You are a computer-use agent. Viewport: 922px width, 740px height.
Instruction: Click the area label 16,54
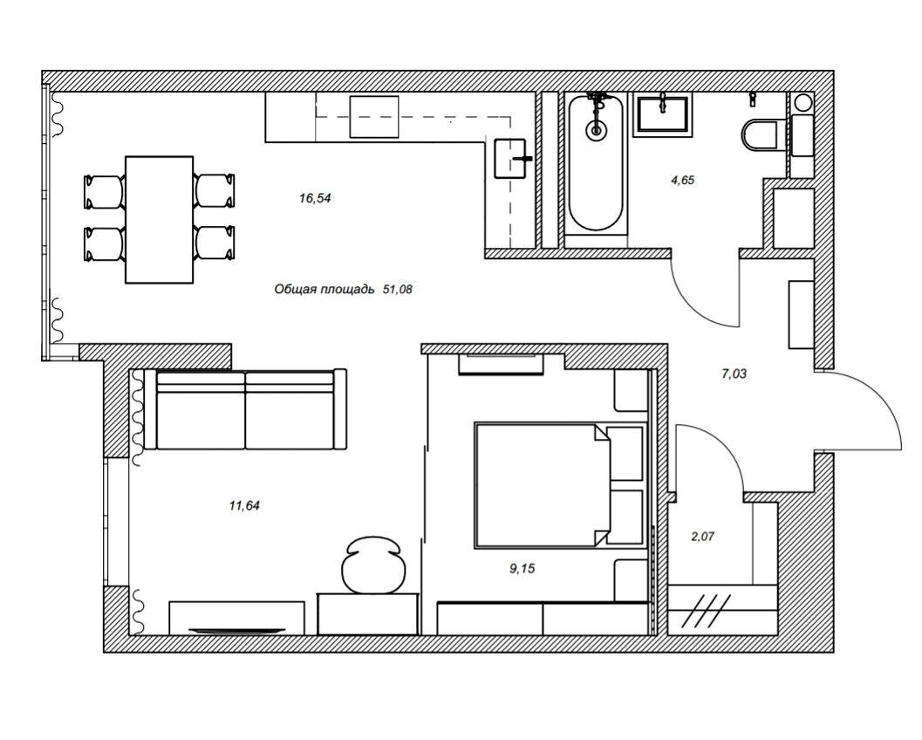point(315,198)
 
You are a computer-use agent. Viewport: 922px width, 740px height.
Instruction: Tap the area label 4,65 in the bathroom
point(683,180)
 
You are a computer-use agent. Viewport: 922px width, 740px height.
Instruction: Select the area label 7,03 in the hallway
point(734,373)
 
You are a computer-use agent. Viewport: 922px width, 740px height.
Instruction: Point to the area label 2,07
point(703,536)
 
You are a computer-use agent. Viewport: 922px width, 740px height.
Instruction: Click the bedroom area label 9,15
point(522,568)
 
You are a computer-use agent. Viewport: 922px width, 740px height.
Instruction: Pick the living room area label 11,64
point(244,505)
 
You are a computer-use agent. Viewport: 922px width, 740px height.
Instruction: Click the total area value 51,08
point(398,289)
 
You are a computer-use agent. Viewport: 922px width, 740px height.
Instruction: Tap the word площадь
point(349,290)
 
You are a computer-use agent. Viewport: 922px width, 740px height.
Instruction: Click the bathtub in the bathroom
point(596,162)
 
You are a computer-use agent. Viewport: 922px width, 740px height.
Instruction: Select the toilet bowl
point(759,134)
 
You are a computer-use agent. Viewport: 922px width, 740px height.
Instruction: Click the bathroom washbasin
point(663,114)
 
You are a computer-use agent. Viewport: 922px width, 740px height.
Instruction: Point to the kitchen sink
point(509,158)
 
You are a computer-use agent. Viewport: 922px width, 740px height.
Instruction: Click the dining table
point(160,219)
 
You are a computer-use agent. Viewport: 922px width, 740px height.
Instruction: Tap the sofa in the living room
point(246,409)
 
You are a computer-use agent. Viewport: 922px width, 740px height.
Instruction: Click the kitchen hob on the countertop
point(374,116)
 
